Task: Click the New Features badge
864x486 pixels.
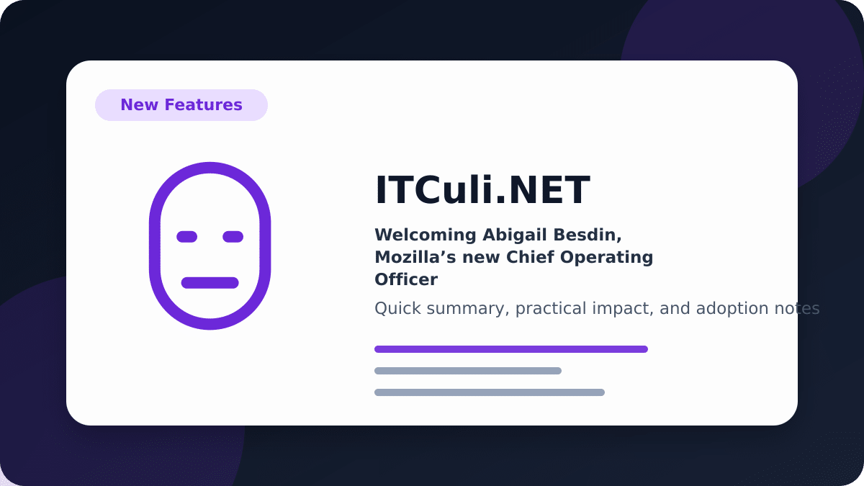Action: click(181, 105)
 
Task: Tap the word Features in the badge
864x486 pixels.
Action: click(203, 105)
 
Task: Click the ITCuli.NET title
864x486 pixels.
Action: click(482, 190)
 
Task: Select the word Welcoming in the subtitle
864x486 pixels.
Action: click(426, 235)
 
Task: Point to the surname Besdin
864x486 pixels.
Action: click(588, 235)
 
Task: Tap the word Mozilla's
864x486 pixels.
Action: click(415, 257)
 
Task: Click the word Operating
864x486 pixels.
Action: click(607, 258)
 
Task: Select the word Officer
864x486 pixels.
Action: click(406, 279)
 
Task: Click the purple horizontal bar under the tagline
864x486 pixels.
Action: click(511, 349)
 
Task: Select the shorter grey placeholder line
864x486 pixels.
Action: click(468, 371)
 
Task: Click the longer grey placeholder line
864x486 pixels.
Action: click(490, 392)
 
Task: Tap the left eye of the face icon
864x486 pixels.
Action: click(186, 237)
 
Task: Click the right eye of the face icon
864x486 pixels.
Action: click(233, 237)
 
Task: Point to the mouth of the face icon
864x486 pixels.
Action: click(210, 283)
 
